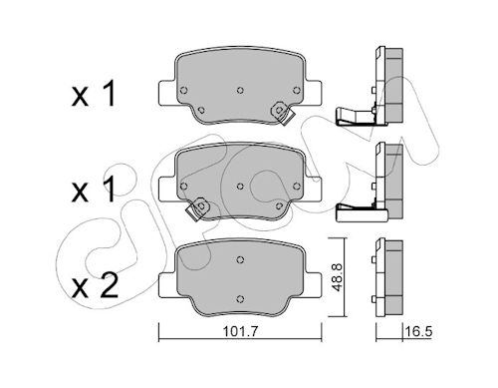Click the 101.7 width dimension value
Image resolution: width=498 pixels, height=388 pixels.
click(240, 332)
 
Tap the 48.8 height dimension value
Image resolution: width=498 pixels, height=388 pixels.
click(338, 277)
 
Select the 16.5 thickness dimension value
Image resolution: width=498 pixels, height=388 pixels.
click(418, 332)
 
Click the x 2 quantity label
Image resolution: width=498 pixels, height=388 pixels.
click(96, 285)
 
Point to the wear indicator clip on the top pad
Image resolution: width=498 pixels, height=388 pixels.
click(282, 113)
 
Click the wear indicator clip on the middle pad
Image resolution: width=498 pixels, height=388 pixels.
click(197, 208)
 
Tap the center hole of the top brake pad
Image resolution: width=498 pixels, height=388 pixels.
click(240, 90)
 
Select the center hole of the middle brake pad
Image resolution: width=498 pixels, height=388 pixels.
click(240, 187)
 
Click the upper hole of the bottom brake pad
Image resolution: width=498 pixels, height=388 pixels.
click(240, 259)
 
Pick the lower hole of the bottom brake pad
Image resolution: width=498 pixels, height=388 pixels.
click(240, 299)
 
